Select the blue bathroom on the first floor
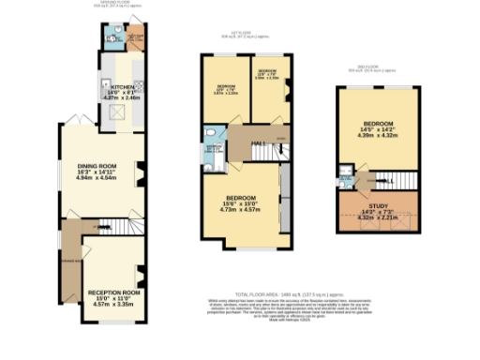click(x=215, y=154)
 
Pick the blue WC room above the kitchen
click(x=113, y=38)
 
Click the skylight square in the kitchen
click(x=118, y=113)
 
